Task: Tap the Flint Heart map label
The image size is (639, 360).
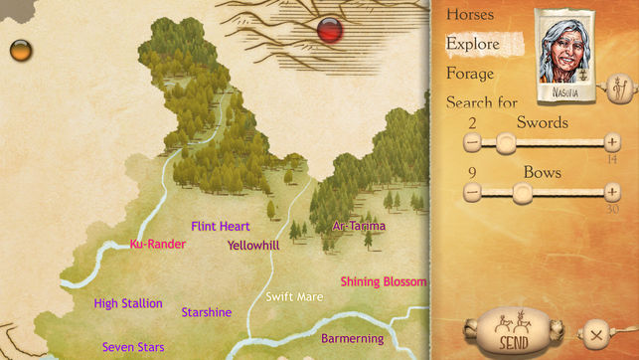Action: point(221,226)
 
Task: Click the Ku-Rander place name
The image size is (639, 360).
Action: point(158,244)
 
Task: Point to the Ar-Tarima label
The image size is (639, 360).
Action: point(359,226)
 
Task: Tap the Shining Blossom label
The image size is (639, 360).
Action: point(383,281)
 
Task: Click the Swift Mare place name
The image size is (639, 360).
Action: point(295,296)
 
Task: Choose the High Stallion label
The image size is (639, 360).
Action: point(128,303)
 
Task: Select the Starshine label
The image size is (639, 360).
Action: point(207,312)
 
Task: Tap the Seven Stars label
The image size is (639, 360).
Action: point(133,347)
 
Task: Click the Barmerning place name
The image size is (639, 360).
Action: point(353,339)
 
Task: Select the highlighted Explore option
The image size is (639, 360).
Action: point(473,44)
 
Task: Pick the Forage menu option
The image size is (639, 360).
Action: point(470,73)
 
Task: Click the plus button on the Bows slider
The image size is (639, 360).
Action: point(611,191)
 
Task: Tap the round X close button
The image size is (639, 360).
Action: point(595,333)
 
